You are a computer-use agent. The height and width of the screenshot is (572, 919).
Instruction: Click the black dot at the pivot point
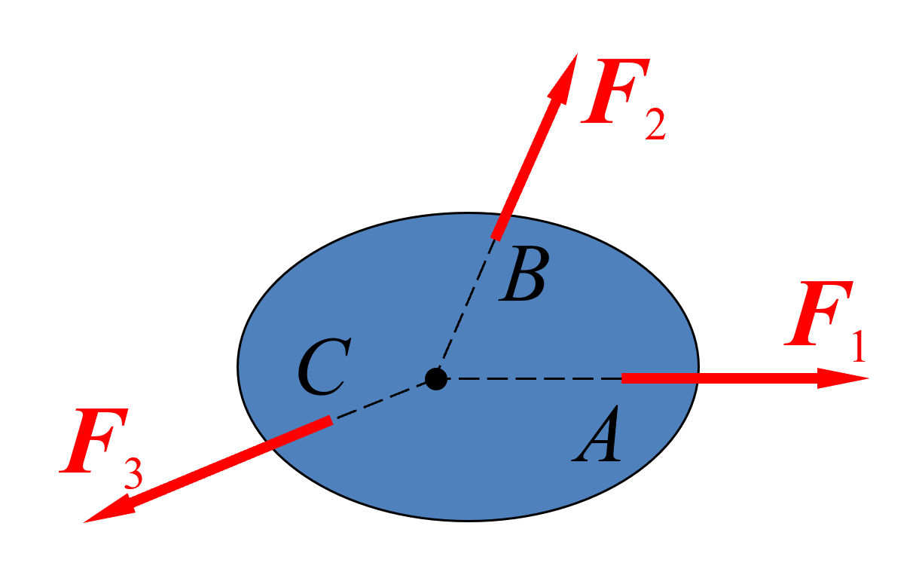coord(435,379)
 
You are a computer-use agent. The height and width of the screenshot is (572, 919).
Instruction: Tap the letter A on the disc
coord(597,434)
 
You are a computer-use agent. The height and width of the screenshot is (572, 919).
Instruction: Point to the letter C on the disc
coord(324,366)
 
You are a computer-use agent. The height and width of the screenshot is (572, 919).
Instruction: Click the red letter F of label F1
coord(819,313)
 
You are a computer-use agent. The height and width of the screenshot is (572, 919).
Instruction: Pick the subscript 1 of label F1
coord(859,346)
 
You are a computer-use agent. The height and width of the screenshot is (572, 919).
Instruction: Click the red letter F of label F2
coord(615,91)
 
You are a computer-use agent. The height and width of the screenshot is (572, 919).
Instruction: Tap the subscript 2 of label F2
coord(655,124)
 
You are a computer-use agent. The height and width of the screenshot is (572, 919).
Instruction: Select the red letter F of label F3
coord(93,440)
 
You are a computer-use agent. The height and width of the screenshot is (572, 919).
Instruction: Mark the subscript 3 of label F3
coord(133,473)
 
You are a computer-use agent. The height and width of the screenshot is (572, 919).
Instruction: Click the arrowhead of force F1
coord(843,378)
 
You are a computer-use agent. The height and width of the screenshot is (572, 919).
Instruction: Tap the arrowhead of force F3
coord(108,509)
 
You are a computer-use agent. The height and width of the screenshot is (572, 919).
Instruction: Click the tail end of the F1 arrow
coord(622,378)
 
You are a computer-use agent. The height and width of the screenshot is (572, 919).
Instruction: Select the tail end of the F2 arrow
coord(496,238)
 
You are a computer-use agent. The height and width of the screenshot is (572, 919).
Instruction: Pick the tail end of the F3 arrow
coord(331,421)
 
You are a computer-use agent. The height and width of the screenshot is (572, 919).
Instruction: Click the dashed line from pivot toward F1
coord(534,379)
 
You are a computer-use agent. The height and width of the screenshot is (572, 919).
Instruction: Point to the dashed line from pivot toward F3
coord(380,400)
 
